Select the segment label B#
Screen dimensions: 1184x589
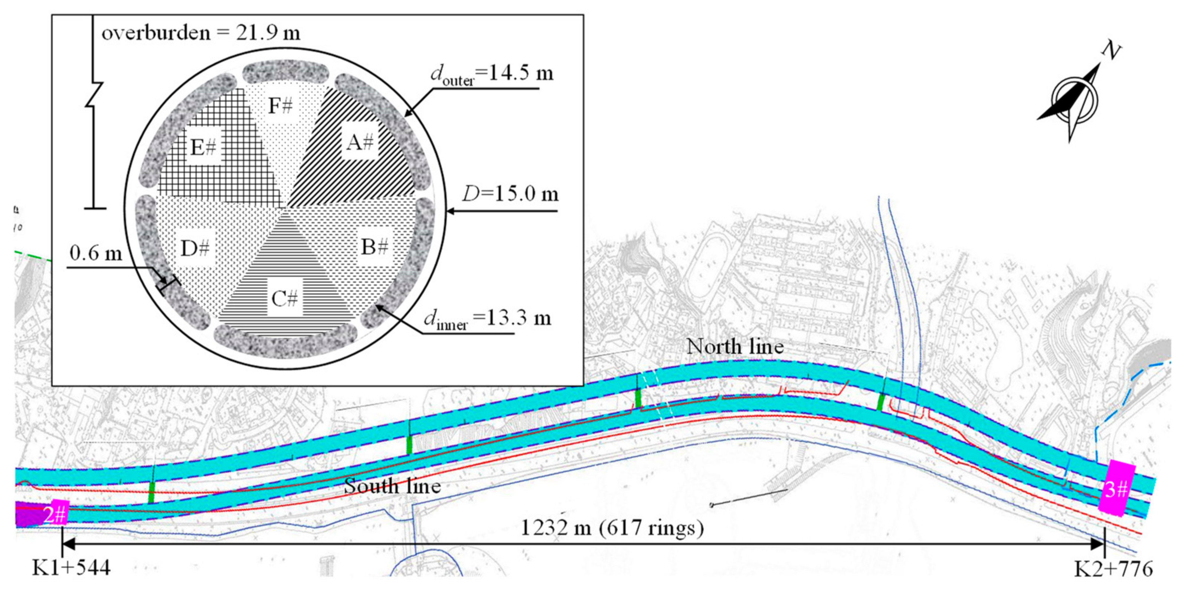375,247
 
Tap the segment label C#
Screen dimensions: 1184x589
285,299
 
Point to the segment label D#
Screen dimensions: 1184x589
195,249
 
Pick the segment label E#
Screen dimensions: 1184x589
203,147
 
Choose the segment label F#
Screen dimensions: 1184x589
280,106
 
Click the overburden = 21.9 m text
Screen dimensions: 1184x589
201,33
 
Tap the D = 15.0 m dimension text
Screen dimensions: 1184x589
510,194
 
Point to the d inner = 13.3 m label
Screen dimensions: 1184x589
487,318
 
